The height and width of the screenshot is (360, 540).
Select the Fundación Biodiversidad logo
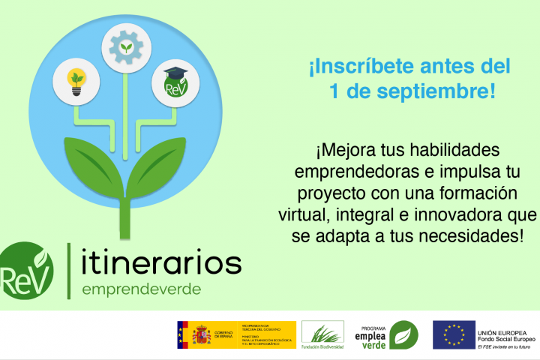322,334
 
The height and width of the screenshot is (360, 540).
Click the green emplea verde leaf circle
403,334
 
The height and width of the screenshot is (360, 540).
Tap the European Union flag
454,334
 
